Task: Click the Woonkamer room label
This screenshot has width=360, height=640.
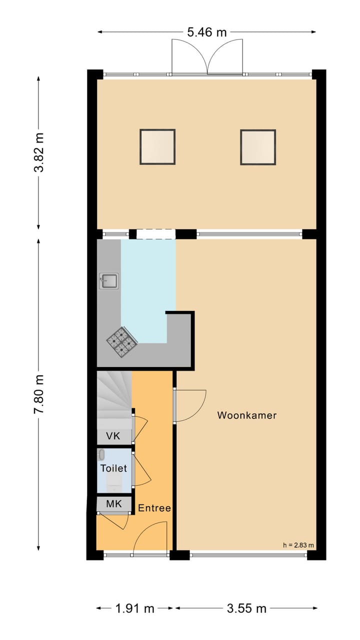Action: (x=246, y=415)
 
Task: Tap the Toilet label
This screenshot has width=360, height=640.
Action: (x=113, y=468)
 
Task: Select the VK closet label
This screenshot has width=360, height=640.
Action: (x=113, y=436)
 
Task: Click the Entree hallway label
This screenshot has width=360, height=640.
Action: (x=154, y=508)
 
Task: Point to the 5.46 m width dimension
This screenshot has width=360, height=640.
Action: (x=206, y=32)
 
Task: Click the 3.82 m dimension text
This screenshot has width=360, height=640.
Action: (x=39, y=152)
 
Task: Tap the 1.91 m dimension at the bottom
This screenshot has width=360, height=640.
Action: (x=135, y=608)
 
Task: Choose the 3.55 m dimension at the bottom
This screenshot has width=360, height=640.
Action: (x=246, y=608)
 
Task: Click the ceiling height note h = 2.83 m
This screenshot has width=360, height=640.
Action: (x=298, y=545)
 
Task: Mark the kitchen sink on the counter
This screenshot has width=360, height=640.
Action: (x=108, y=281)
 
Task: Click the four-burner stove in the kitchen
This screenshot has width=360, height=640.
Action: (x=121, y=341)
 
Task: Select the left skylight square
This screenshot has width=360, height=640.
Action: (x=157, y=147)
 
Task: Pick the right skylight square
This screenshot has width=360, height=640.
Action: (x=258, y=147)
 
